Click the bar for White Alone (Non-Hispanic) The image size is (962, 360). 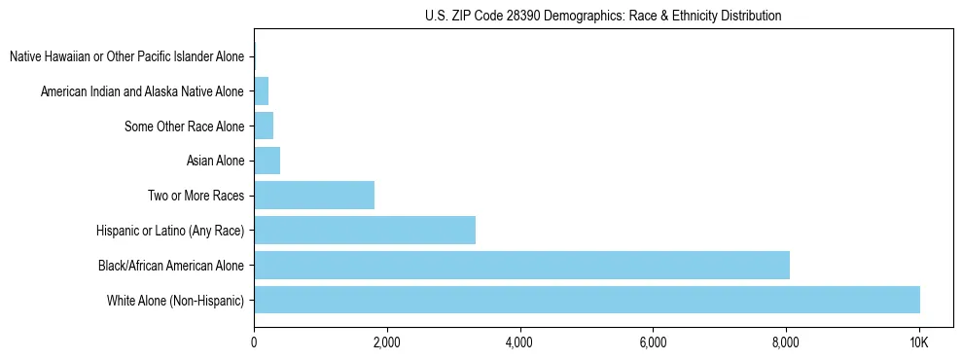[587, 299]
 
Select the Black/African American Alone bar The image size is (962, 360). [521, 265]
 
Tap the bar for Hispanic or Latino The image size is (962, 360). [365, 231]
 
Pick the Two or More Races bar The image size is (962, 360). [314, 196]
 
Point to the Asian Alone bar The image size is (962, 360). [267, 161]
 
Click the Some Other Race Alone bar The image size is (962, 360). [264, 126]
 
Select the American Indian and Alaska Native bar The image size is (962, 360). [261, 91]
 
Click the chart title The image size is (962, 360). [603, 16]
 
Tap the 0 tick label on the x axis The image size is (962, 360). [254, 342]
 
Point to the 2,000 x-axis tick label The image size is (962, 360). [387, 342]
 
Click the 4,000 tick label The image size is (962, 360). [519, 342]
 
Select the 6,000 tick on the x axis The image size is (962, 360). [653, 342]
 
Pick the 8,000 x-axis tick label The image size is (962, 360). [786, 342]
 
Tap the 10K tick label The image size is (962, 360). [918, 342]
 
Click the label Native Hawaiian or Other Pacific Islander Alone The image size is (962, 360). [126, 56]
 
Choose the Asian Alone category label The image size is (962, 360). [215, 161]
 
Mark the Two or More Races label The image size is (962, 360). [196, 196]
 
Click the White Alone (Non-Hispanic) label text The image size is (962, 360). [176, 300]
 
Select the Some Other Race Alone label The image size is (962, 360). [185, 126]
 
